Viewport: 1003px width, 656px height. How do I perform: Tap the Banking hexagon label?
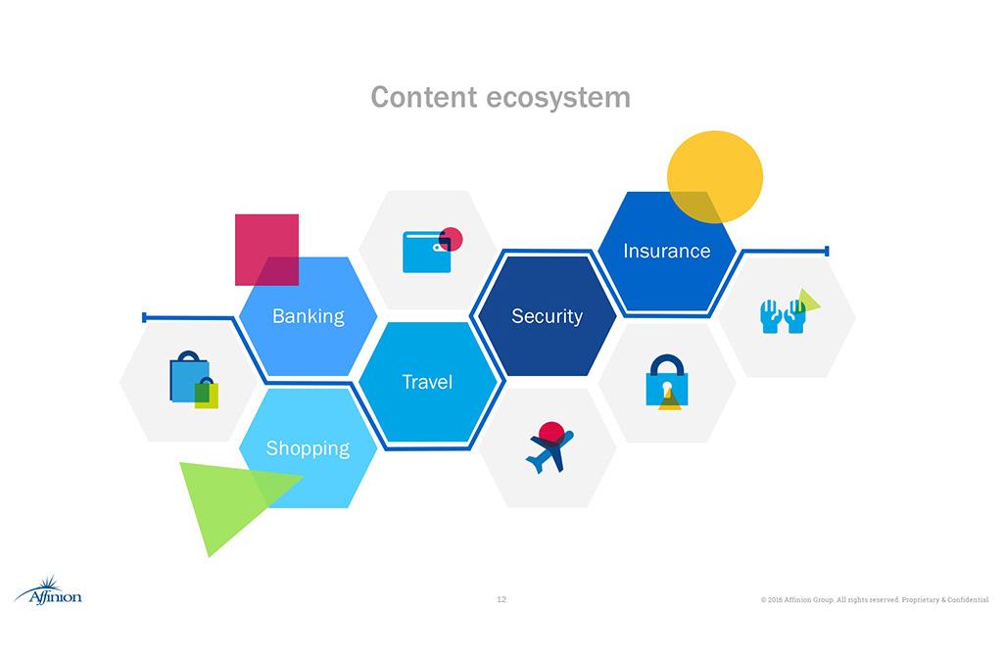point(308,316)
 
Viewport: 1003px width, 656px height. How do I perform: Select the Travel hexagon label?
point(427,382)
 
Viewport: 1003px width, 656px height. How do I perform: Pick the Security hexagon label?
point(547,316)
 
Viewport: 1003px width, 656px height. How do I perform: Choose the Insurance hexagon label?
point(666,252)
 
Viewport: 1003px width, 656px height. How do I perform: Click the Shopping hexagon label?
point(308,448)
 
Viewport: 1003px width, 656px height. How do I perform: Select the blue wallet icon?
point(427,252)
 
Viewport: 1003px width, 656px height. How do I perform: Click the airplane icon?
point(548,450)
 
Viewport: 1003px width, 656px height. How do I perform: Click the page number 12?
point(501,599)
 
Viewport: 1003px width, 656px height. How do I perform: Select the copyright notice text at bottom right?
point(874,599)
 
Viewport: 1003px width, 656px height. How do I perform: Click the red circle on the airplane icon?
point(553,432)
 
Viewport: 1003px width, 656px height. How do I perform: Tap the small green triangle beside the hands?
point(808,301)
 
